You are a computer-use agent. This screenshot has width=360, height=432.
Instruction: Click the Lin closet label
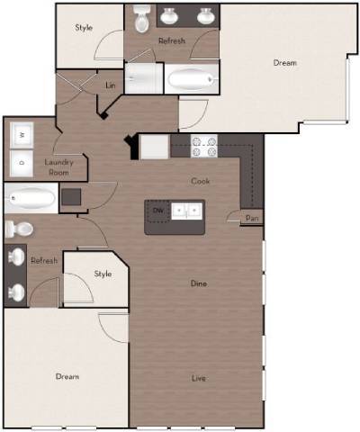pos(111,85)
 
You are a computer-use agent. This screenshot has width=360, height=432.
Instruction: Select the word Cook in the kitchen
pos(200,181)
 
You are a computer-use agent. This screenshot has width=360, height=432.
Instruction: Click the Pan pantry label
pos(254,217)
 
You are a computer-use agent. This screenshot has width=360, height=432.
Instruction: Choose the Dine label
pos(199,283)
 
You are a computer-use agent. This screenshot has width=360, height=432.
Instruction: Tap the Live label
pos(199,377)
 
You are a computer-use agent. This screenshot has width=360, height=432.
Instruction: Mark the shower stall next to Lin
pos(143,79)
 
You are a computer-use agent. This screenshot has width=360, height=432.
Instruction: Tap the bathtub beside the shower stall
pos(192,80)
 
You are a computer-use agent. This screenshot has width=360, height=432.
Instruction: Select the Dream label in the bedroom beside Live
pos(67,376)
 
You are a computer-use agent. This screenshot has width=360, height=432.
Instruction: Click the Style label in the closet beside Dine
pos(103,274)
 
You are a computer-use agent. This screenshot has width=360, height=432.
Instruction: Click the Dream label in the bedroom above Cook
pos(284,63)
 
